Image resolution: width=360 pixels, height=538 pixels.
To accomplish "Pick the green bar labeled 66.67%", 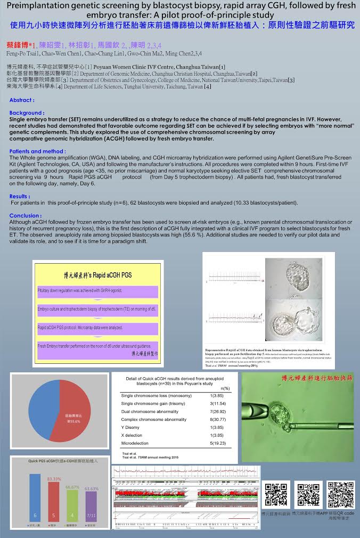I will [72, 506].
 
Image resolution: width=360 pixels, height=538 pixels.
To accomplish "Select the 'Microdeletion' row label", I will [135, 443].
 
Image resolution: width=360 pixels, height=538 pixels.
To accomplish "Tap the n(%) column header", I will [225, 388].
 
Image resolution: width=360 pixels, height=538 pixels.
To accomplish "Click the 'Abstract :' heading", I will [22, 100].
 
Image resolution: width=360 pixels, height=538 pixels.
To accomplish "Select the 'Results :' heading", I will [20, 196].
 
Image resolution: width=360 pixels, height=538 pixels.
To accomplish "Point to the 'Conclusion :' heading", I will [26, 216].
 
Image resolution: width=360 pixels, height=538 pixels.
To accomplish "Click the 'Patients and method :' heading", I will [38, 151].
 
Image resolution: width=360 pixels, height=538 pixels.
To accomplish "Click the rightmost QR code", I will [341, 495].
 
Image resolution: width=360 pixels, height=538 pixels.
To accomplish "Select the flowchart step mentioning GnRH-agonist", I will [98, 292].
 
